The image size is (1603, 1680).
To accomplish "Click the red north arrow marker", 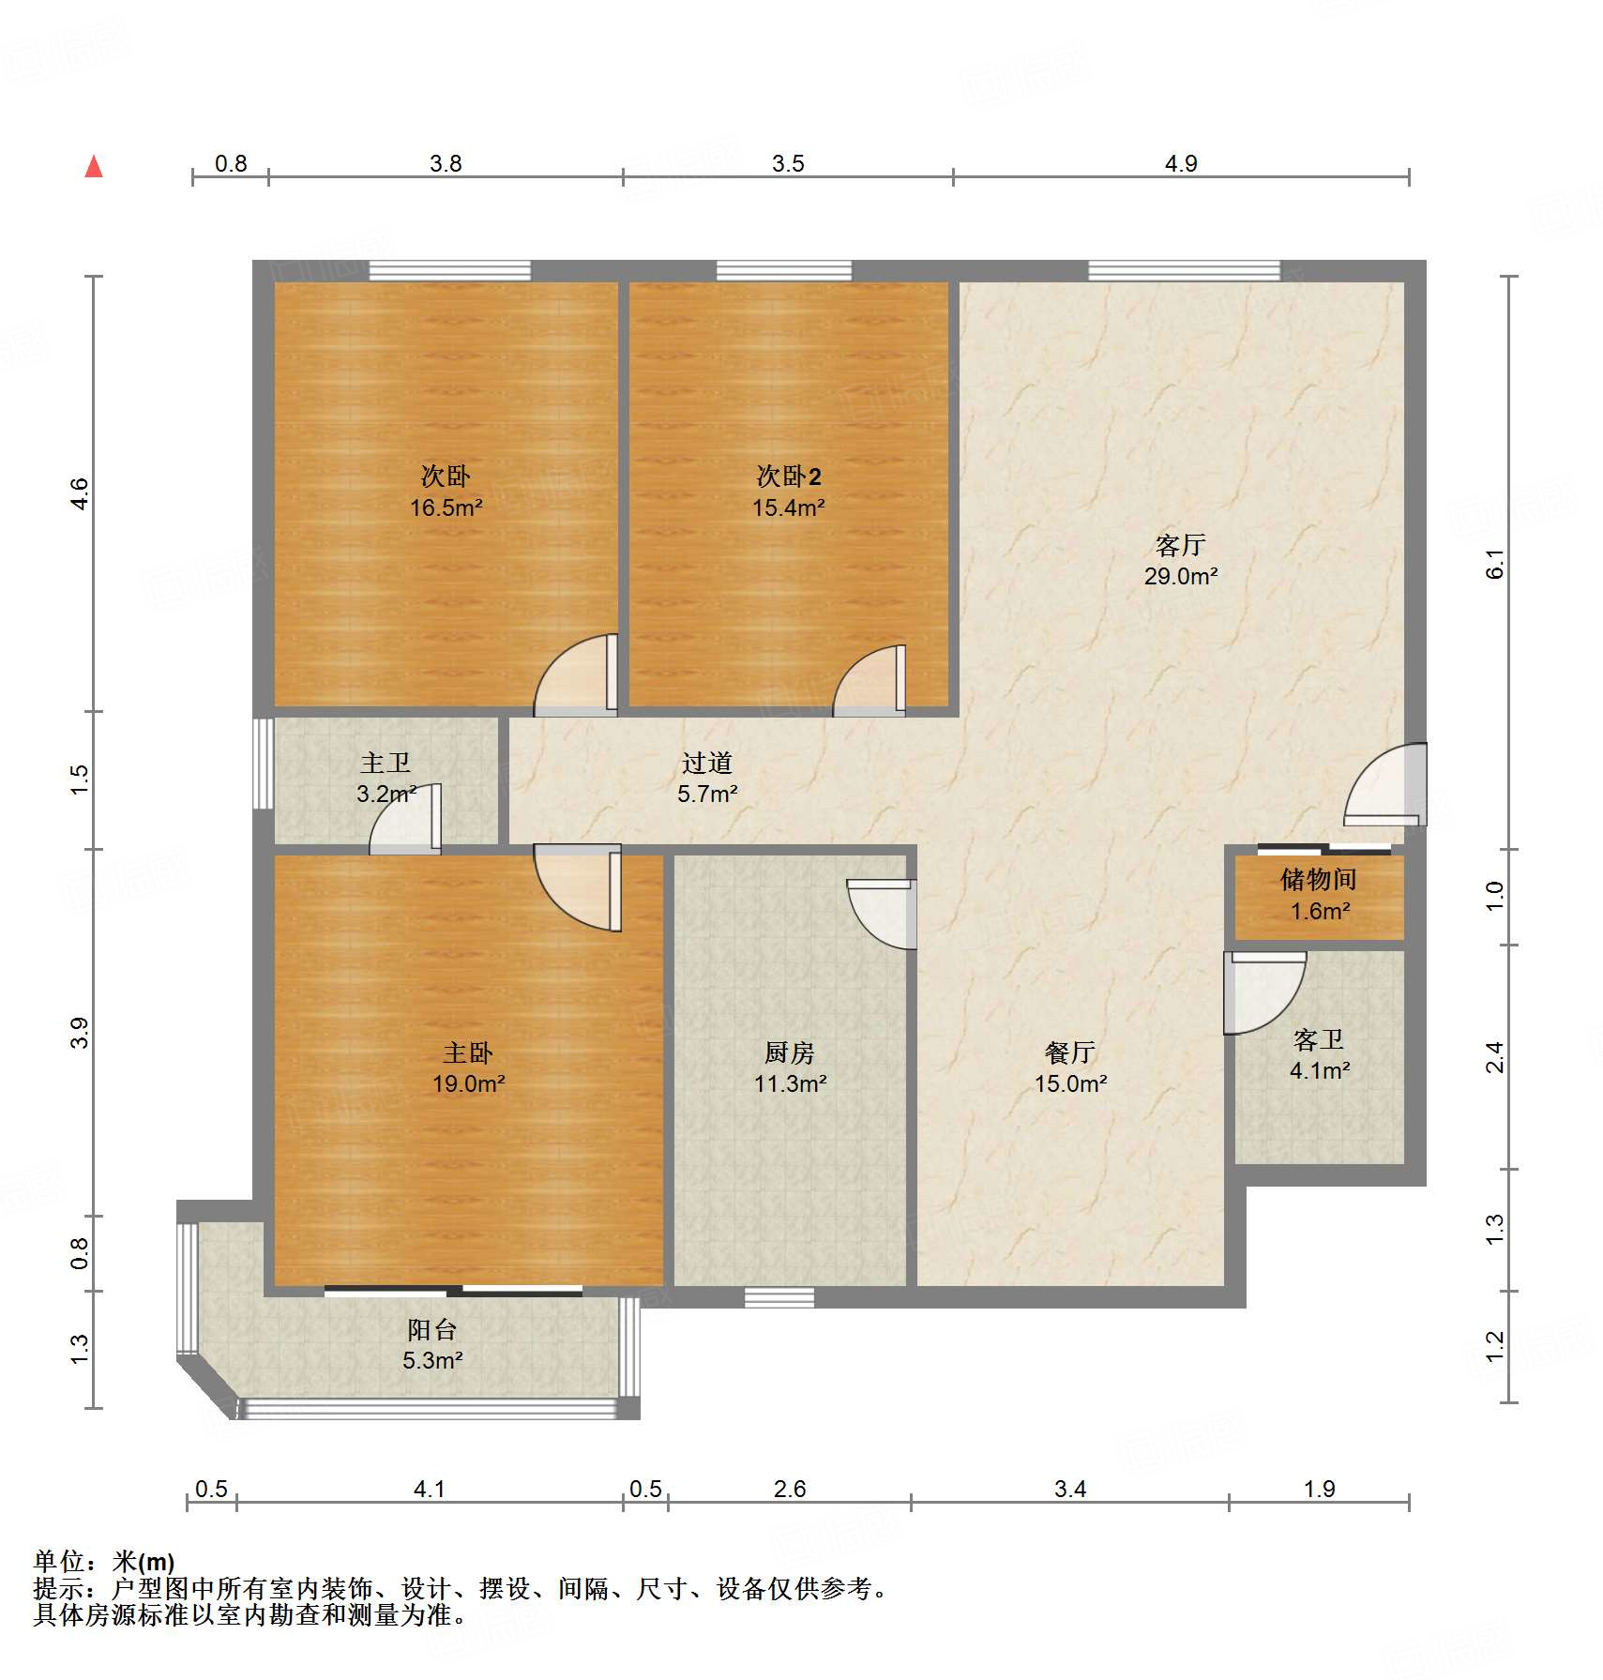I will tap(94, 167).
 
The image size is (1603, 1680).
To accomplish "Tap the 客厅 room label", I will tap(1180, 545).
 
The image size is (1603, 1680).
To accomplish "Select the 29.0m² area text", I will tap(1180, 577).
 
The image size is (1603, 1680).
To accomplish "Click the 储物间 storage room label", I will tap(1318, 880).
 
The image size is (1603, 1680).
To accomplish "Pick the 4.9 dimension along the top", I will tap(1180, 163).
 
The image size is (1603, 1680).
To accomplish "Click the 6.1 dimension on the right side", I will tap(1495, 564).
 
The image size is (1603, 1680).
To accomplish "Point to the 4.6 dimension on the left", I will tap(81, 493).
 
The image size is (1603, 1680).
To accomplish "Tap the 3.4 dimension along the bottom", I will tap(1069, 1489).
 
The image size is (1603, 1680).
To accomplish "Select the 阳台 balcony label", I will tap(432, 1329).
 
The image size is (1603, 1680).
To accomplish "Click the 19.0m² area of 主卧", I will tap(468, 1084).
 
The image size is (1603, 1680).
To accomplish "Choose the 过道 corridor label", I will tap(706, 763).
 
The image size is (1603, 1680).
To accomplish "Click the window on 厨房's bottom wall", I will tap(779, 1297).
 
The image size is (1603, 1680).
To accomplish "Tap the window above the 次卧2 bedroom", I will tap(784, 271).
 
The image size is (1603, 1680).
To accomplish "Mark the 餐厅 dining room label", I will tap(1069, 1052).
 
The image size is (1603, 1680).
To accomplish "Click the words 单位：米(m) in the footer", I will tap(104, 1561).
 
